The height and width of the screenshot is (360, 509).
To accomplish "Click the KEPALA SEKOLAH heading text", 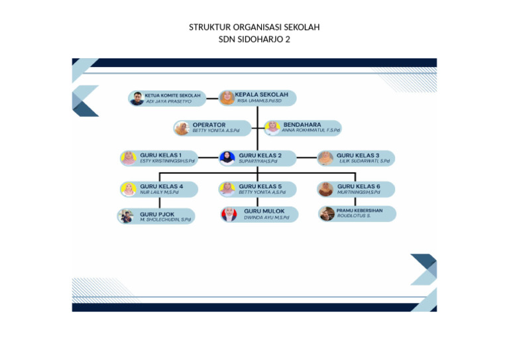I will pyautogui.click(x=261, y=95).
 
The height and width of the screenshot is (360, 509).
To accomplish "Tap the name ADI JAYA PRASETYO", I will pyautogui.click(x=168, y=102).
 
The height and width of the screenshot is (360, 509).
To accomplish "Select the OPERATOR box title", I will pyautogui.click(x=209, y=125).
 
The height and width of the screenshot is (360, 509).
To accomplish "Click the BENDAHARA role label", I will pyautogui.click(x=302, y=125).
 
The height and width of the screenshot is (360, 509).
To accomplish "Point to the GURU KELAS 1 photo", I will pyautogui.click(x=128, y=158).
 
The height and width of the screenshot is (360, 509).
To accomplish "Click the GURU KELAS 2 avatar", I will pyautogui.click(x=227, y=158).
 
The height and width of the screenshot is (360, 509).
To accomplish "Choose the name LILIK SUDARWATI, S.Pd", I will pyautogui.click(x=365, y=161).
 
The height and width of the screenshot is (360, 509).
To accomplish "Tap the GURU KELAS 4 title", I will pyautogui.click(x=161, y=186).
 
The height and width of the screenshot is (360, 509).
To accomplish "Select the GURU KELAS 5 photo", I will pyautogui.click(x=227, y=189).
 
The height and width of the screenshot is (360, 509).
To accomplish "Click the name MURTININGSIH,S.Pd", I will pyautogui.click(x=359, y=193).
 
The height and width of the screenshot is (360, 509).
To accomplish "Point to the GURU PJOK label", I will pyautogui.click(x=157, y=214).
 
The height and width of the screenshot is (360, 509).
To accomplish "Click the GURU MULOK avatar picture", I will pyautogui.click(x=228, y=214).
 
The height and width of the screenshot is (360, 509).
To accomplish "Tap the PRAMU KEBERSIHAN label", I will pyautogui.click(x=359, y=211).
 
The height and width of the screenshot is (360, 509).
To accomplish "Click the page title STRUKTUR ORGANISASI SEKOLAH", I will pyautogui.click(x=254, y=27).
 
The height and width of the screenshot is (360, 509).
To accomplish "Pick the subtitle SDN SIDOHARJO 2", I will pyautogui.click(x=254, y=39).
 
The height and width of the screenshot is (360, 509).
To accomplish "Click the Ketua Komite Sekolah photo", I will pyautogui.click(x=137, y=99).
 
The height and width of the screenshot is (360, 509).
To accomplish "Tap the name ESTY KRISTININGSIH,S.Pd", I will pyautogui.click(x=167, y=161).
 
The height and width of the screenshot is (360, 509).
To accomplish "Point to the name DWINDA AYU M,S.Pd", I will pyautogui.click(x=266, y=217).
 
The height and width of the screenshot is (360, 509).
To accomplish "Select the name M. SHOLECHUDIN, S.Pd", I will pyautogui.click(x=165, y=219).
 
